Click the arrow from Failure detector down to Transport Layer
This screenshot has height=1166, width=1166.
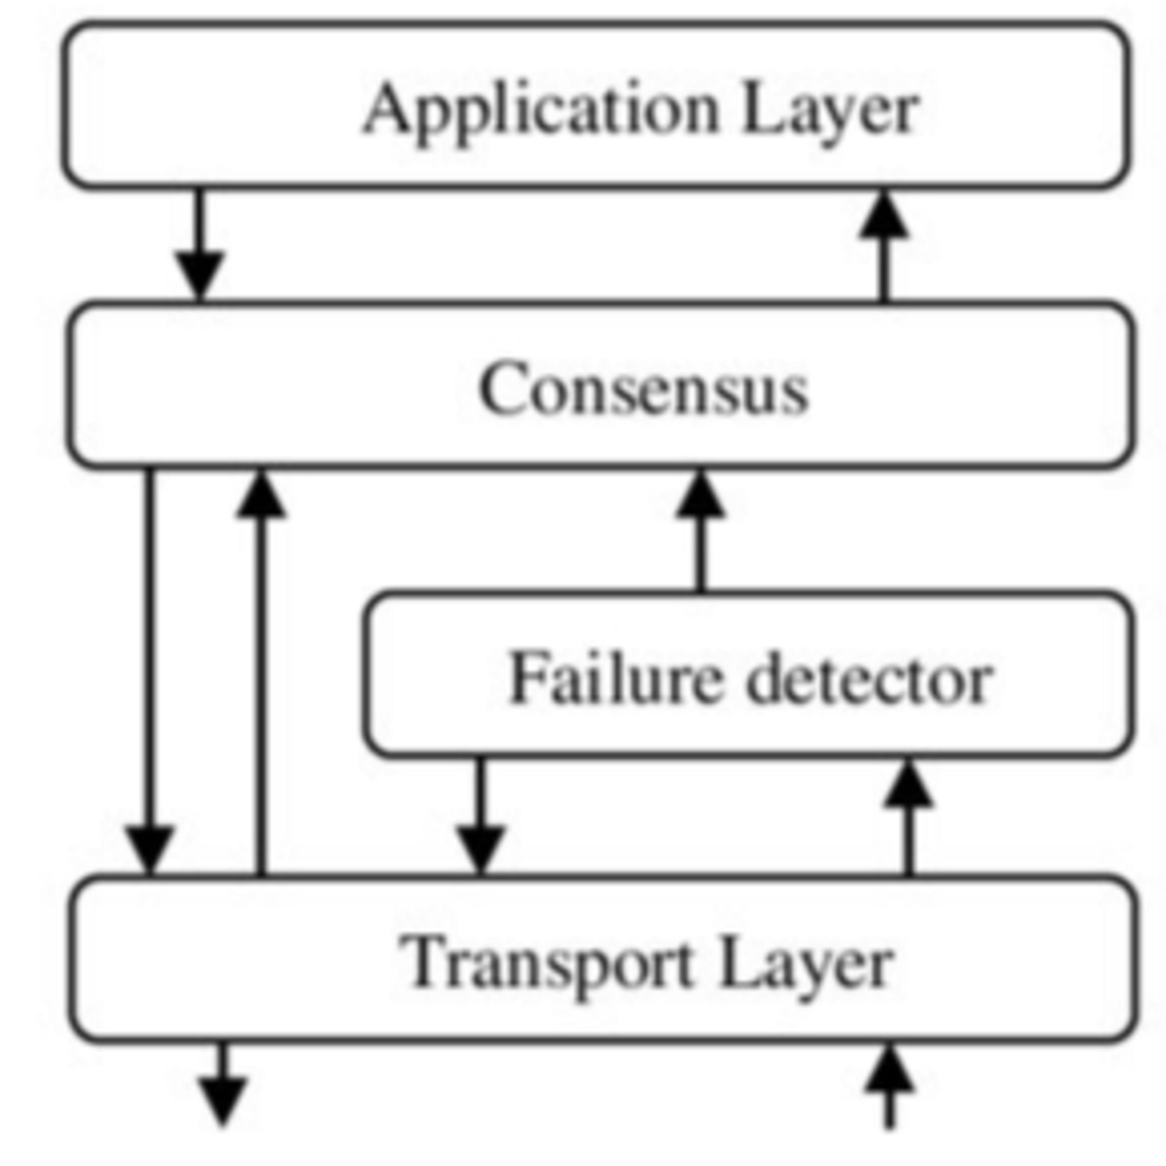pyautogui.click(x=480, y=815)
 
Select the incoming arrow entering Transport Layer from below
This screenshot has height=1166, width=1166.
pyautogui.click(x=890, y=1086)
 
